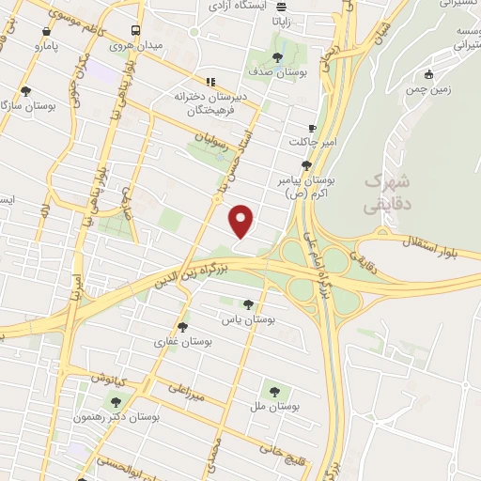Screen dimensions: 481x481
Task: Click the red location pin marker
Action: (242, 221)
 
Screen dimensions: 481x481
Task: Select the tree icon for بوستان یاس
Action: (248, 304)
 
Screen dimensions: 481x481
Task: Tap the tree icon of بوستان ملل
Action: (275, 391)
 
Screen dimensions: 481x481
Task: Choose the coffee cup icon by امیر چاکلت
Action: (313, 128)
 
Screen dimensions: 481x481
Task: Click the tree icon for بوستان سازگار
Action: (25, 92)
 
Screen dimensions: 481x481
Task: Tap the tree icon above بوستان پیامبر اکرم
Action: (306, 163)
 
